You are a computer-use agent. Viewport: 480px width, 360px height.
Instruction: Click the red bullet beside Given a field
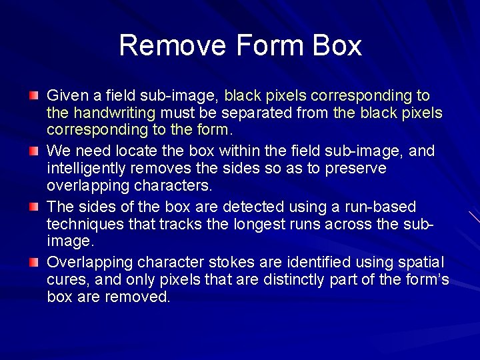tap(33, 97)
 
